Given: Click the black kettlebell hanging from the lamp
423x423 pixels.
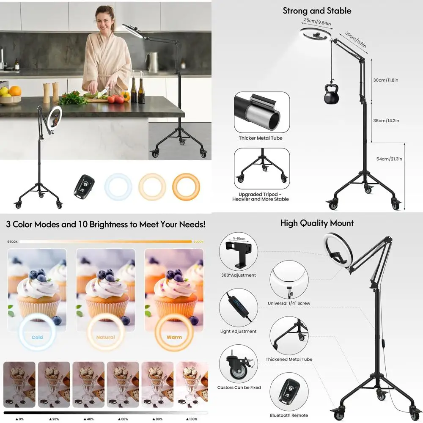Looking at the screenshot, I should [332, 96].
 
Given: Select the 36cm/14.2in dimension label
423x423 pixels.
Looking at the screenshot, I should [386, 121].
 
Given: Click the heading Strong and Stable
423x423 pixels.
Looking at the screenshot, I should [317, 11].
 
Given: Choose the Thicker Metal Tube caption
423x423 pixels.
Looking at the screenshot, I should [260, 138].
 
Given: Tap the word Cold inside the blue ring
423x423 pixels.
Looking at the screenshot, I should [37, 338].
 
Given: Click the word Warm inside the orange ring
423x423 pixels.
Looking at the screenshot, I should [174, 338].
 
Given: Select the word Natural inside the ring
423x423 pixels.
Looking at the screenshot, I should [105, 338].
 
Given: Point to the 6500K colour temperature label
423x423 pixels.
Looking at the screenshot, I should [12, 242].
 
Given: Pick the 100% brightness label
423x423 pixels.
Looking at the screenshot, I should [192, 419].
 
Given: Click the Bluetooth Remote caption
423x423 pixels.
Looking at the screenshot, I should [289, 415].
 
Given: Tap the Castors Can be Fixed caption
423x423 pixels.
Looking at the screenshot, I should [239, 387].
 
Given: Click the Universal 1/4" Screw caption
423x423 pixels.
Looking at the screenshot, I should [289, 304].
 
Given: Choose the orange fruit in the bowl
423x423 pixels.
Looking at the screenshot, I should [15, 91].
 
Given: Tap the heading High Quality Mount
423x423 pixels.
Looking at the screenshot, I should [317, 223].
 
